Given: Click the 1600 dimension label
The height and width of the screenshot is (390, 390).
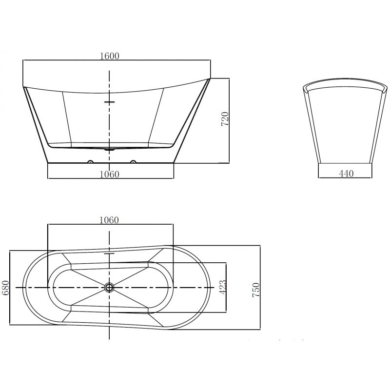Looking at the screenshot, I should click(109, 56).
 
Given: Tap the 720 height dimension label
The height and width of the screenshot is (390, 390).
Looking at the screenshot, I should click(225, 119).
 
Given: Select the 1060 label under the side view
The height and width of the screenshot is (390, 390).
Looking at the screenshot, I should click(109, 174).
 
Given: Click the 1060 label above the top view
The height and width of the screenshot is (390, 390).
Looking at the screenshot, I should click(109, 220).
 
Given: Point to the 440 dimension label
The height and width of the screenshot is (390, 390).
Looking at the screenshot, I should click(346, 174).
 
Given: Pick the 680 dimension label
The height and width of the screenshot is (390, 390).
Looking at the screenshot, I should click(6, 288).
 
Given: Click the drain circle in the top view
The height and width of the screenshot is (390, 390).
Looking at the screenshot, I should click(109, 288).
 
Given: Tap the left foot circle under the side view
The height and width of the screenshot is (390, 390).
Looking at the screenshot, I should click(90, 161).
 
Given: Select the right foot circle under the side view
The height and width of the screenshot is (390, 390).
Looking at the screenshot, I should click(132, 161).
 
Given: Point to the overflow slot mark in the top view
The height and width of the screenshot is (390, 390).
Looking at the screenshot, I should click(109, 254).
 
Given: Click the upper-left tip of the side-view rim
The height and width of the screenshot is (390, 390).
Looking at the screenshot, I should click(23, 87).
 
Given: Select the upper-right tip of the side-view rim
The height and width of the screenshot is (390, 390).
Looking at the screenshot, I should click(211, 78).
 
